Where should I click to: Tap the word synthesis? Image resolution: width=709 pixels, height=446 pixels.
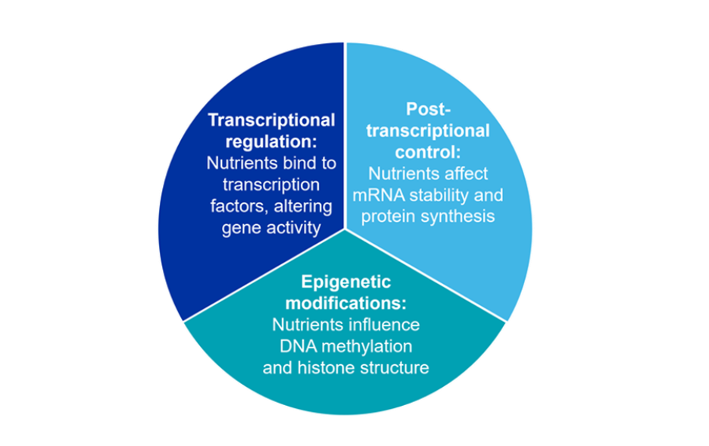pyautogui.click(x=456, y=217)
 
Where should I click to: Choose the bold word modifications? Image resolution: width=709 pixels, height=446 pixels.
pyautogui.click(x=345, y=304)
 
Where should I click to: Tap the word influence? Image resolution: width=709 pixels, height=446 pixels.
pyautogui.click(x=383, y=326)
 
